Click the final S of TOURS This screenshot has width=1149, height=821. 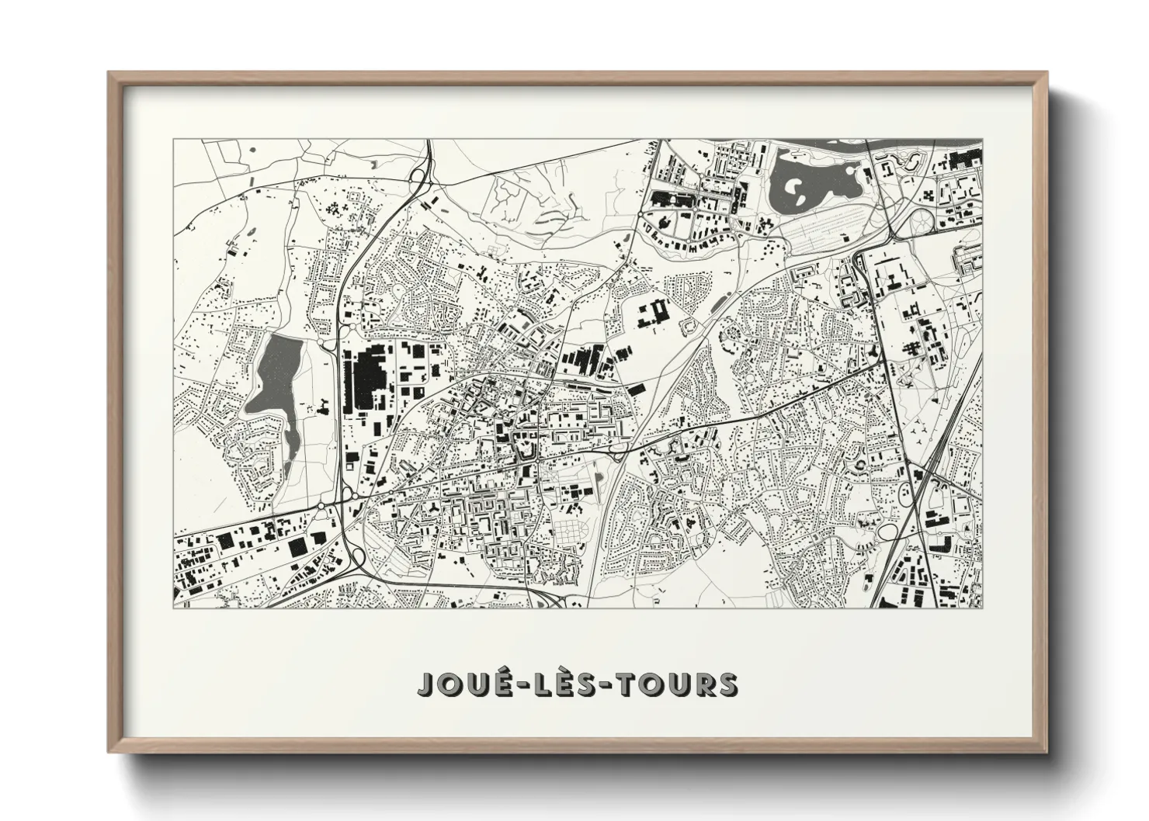(727, 684)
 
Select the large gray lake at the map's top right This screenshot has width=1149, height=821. (815, 186)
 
